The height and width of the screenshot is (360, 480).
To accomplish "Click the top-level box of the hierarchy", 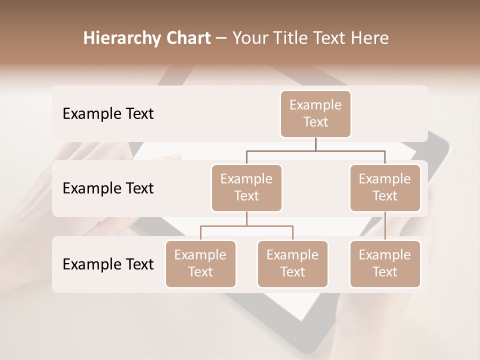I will [315, 113].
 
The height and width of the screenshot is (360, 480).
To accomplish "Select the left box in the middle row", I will [246, 187].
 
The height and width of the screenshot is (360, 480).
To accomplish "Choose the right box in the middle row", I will [385, 187].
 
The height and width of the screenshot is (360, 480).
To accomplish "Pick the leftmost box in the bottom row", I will [200, 263].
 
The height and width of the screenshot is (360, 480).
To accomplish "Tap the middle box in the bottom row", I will [292, 263].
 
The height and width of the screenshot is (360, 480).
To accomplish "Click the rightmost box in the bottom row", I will [385, 263].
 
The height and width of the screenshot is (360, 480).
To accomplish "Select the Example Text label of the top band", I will [108, 114].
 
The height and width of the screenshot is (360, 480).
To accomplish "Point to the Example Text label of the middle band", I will [108, 188].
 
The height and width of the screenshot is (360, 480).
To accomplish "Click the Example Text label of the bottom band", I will [108, 264].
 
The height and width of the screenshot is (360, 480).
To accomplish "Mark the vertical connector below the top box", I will [315, 144].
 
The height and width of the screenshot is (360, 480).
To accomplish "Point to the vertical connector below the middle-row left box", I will [246, 218].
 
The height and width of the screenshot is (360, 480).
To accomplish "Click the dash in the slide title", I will [221, 38].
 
